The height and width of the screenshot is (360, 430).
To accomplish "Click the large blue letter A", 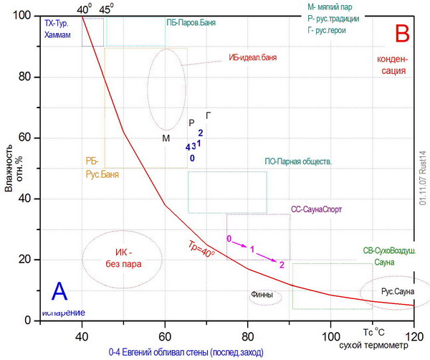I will point(60,291).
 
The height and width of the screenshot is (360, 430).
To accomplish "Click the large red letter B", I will point(402,33).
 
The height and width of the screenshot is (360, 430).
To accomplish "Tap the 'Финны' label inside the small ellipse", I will point(262,295).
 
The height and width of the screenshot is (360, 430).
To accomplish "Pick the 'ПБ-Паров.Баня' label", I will point(191,22).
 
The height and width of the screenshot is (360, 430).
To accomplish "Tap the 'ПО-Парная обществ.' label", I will point(298,162).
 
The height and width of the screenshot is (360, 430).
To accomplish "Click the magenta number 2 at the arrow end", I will point(282,265).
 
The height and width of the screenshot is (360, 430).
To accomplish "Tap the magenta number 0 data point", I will point(229,238).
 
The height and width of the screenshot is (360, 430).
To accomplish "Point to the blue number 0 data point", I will point(192,158).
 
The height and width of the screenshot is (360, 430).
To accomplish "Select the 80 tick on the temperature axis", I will point(248,336).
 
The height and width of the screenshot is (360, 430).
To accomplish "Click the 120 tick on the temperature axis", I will point(414,336).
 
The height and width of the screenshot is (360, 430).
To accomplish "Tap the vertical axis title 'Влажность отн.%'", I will point(8,168).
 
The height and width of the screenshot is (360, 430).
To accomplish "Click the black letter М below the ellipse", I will point(166,138).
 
